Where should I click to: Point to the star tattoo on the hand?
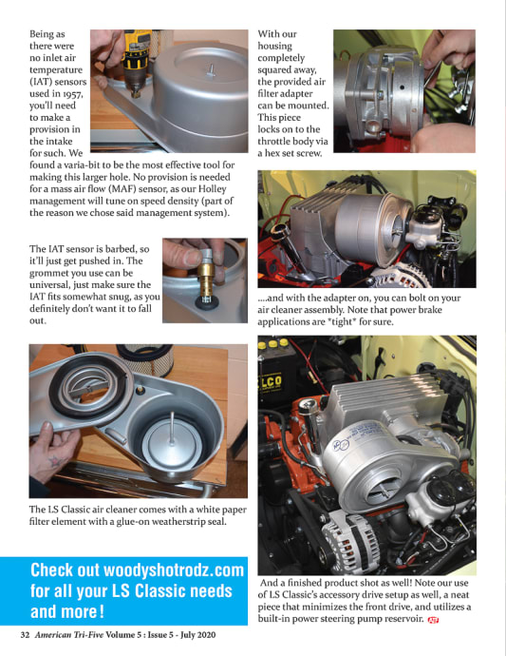pos(55,461)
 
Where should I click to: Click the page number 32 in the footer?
pos(25,635)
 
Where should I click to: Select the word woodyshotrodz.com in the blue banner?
pos(173,569)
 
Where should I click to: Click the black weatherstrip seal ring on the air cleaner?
pos(86,376)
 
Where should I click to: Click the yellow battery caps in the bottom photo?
pos(273,344)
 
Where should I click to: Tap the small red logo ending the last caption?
pos(433,620)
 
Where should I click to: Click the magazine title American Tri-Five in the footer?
pos(68,635)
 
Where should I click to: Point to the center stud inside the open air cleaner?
pos(172,428)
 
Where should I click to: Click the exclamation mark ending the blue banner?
pos(102,612)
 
